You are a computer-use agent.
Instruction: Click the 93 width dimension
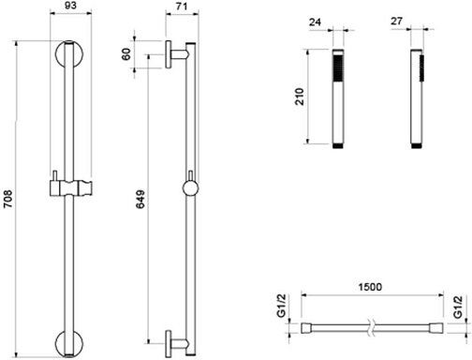pyautogui.click(x=71, y=6)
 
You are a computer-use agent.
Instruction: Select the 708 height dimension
pyautogui.click(x=7, y=199)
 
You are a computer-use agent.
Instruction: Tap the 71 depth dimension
pyautogui.click(x=182, y=6)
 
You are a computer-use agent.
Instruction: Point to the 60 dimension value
pyautogui.click(x=126, y=54)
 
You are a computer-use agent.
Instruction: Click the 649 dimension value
pyautogui.click(x=140, y=199)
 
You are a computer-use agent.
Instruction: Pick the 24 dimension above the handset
pyautogui.click(x=315, y=22)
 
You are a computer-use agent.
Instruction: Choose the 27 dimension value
pyautogui.click(x=396, y=21)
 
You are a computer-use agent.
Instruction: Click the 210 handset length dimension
pyautogui.click(x=300, y=97)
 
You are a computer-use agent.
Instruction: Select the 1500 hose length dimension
pyautogui.click(x=370, y=287)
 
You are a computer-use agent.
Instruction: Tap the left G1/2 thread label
pyautogui.click(x=282, y=306)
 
